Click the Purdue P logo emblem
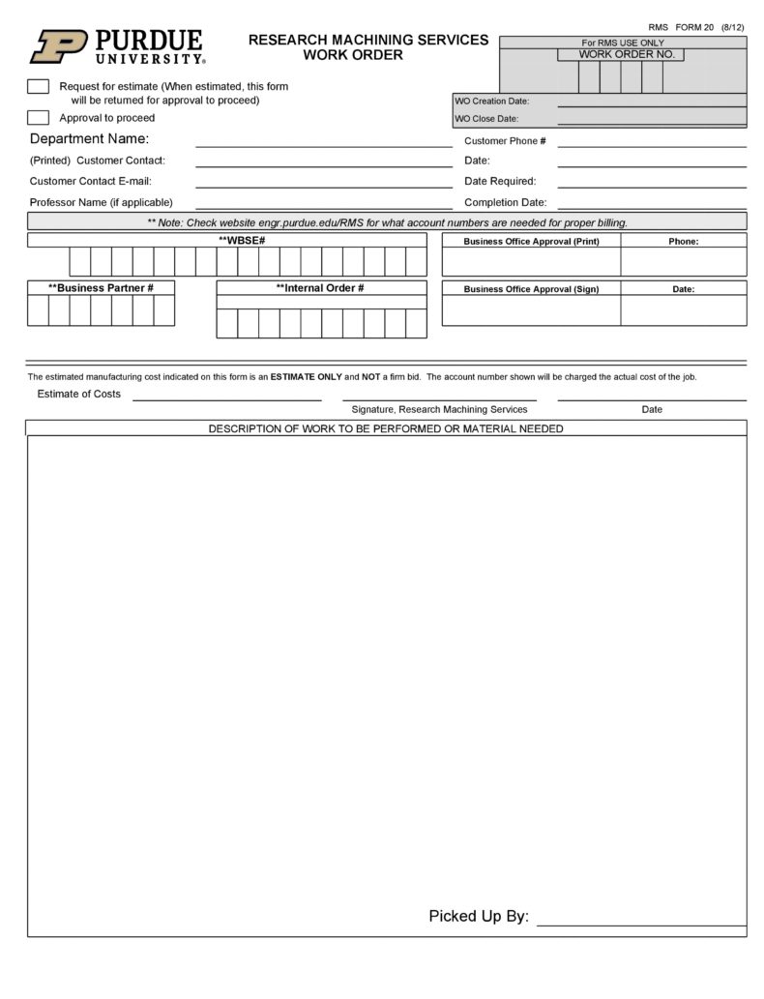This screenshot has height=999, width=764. [x=59, y=45]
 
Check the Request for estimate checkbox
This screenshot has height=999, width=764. [x=38, y=87]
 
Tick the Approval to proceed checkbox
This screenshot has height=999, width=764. [x=38, y=118]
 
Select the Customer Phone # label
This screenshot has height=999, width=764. [x=505, y=141]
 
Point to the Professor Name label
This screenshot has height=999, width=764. [x=101, y=202]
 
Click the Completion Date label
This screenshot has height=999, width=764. [x=505, y=203]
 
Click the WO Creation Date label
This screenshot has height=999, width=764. [x=491, y=101]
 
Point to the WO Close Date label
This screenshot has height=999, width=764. [x=486, y=119]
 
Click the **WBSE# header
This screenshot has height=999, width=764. [x=242, y=240]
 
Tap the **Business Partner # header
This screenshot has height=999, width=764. [x=101, y=288]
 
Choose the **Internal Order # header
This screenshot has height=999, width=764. [x=320, y=288]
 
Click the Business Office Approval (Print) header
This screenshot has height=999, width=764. [x=531, y=241]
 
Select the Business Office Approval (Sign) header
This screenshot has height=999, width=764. [x=531, y=288]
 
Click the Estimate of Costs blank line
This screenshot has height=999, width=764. [x=226, y=397]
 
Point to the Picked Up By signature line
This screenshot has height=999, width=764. [x=640, y=923]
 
